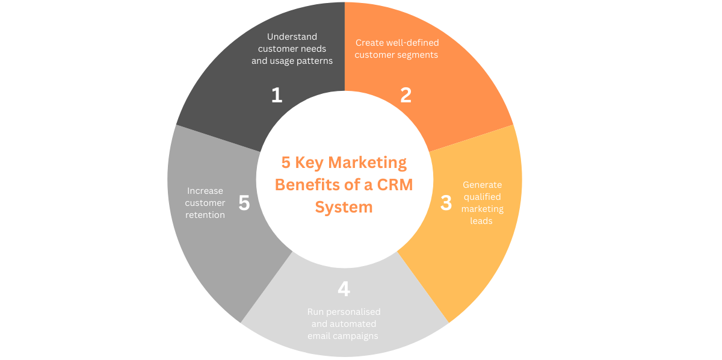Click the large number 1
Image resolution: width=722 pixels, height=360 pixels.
(277, 95)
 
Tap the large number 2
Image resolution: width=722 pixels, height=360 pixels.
(406, 95)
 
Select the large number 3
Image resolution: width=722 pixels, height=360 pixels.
(446, 203)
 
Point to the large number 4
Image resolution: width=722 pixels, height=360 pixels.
(344, 289)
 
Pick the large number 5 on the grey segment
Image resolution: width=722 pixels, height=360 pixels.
(244, 203)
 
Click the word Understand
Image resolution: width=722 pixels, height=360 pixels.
(292, 37)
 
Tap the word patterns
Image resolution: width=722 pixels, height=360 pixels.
(315, 61)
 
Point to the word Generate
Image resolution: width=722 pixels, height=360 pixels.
(482, 185)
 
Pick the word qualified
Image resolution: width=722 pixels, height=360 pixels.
(482, 197)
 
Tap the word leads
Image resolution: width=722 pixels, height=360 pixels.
(481, 221)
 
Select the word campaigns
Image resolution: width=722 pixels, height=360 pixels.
(356, 336)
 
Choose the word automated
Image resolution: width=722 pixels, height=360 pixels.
(353, 324)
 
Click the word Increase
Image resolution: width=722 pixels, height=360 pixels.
(205, 191)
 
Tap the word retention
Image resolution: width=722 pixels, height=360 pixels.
(205, 215)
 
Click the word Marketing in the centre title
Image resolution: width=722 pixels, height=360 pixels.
(367, 163)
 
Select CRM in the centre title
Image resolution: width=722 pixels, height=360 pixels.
(395, 185)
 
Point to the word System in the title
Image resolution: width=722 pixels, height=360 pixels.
(344, 207)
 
